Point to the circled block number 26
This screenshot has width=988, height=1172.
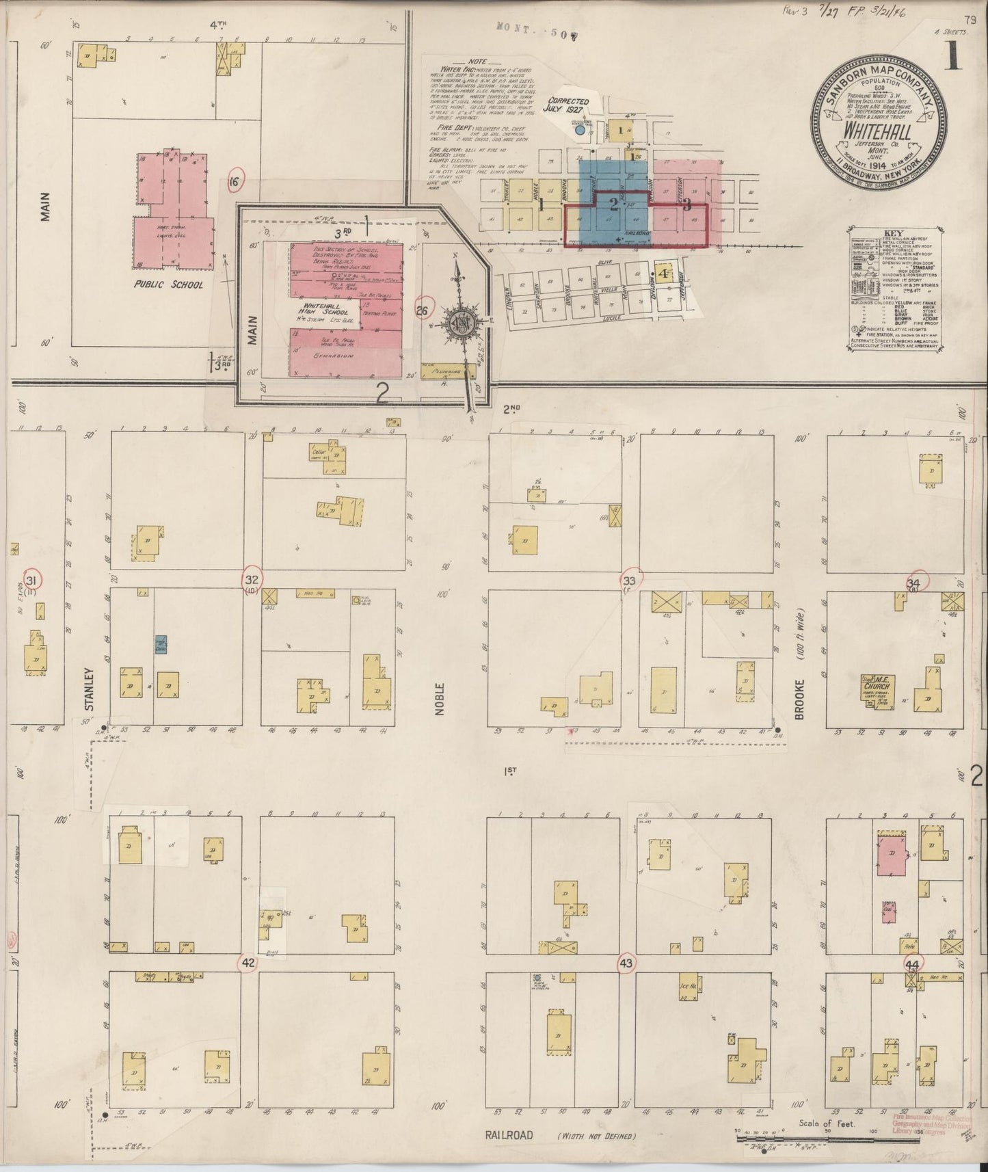pos(421,311)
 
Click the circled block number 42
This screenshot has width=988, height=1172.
pos(248,962)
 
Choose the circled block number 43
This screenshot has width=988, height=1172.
pos(626,962)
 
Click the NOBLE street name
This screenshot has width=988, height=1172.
pos(441,699)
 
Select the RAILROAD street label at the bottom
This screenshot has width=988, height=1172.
pos(509,1135)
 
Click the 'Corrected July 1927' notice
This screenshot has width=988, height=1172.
pos(566,105)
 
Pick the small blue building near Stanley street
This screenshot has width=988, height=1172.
pos(161,643)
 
